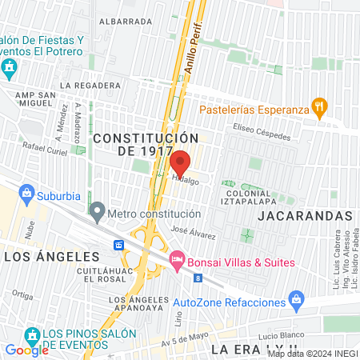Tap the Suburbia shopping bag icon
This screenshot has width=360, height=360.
click(x=27, y=193)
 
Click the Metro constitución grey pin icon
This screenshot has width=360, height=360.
click(x=97, y=214)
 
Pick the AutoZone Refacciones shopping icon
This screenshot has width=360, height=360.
click(x=297, y=302)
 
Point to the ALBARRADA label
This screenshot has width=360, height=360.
click(x=126, y=22)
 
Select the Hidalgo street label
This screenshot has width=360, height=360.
click(x=183, y=182)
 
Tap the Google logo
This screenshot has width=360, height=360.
click(x=26, y=350)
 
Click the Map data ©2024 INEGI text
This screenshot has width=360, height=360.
click(x=312, y=354)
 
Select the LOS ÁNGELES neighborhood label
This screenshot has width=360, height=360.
click(x=52, y=256)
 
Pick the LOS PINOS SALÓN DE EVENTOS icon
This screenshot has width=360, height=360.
click(x=33, y=334)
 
